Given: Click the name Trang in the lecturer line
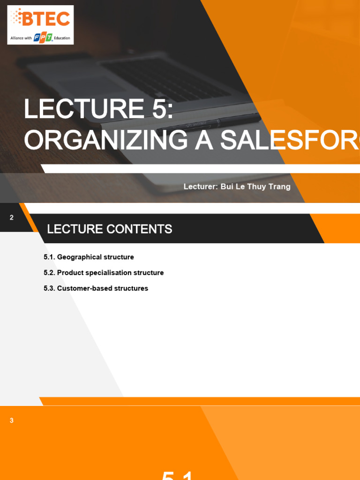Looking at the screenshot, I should tap(279, 187).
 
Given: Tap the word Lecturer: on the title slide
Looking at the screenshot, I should tap(200, 187).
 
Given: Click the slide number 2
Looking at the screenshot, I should tap(12, 217).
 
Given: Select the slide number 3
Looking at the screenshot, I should tap(12, 420).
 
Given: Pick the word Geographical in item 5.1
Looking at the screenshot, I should tap(77, 257).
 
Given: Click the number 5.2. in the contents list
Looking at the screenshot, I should tap(49, 272).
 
